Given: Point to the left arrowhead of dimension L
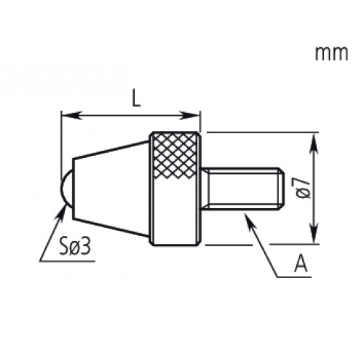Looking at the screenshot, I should pyautogui.click(x=66, y=115).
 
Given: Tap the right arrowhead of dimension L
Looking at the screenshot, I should pyautogui.click(x=195, y=115).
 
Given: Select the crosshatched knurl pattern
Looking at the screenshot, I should pyautogui.click(x=175, y=157).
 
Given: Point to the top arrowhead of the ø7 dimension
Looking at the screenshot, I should pyautogui.click(x=314, y=138).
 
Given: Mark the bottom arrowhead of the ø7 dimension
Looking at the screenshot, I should pyautogui.click(x=314, y=240).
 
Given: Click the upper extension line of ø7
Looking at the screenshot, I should pyautogui.click(x=262, y=132).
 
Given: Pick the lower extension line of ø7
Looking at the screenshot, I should pyautogui.click(x=262, y=245).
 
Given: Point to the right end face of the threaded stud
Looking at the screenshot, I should pyautogui.click(x=280, y=189).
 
